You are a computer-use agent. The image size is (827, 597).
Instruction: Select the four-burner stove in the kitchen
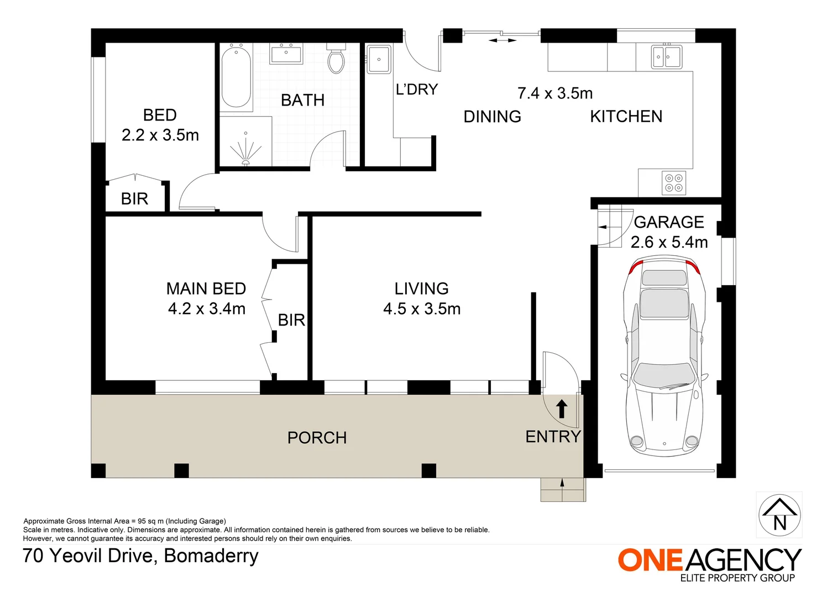[674, 183]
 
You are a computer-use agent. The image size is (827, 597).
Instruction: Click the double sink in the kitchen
[666, 56]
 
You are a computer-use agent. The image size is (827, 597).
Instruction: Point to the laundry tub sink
[379, 60]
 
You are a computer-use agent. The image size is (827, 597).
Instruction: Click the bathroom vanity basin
[286, 54]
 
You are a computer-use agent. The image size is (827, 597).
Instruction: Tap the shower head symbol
[245, 150]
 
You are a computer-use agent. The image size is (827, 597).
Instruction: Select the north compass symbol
[779, 515]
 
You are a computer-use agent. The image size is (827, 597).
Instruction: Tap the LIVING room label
[422, 289]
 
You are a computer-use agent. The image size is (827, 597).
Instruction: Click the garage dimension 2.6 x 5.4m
[669, 242]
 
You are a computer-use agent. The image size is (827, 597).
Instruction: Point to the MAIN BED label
[206, 289]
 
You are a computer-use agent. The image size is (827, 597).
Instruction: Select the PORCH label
[317, 438]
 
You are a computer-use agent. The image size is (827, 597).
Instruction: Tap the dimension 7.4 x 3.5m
[555, 93]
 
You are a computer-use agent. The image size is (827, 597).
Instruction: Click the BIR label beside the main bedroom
[292, 320]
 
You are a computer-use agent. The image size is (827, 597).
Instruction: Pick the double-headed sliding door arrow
[503, 40]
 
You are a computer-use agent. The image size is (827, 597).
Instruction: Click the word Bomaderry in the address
[211, 556]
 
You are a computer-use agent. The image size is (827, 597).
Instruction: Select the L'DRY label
[417, 90]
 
